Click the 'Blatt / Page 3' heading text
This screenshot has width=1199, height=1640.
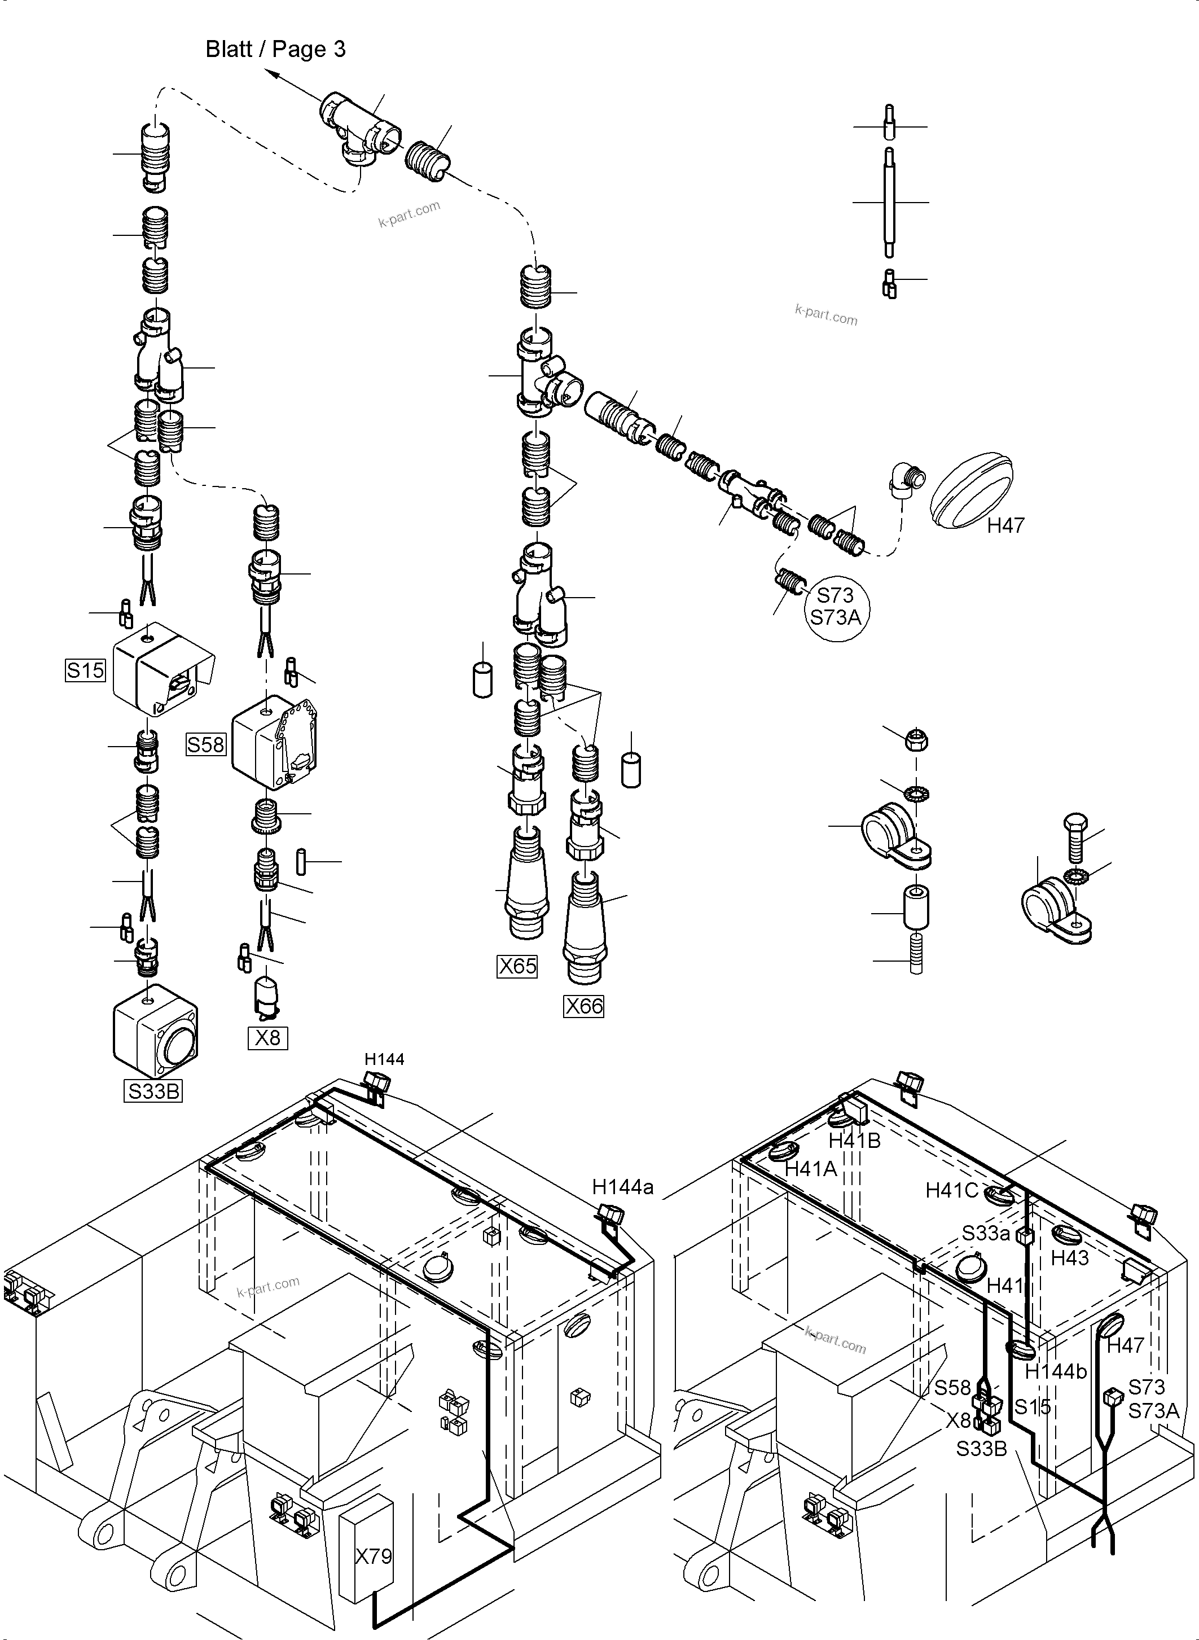275,49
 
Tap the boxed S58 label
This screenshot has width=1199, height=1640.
206,745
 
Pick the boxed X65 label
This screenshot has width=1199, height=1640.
517,966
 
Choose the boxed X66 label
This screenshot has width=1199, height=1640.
583,1006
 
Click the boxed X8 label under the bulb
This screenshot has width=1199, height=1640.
268,1038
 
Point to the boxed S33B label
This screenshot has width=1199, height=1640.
153,1091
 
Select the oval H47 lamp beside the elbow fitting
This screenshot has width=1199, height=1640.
971,491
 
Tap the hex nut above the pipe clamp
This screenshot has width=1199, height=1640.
917,741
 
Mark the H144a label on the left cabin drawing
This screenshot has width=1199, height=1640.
623,1187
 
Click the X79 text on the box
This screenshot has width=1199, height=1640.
373,1556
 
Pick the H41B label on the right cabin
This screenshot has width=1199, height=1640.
854,1141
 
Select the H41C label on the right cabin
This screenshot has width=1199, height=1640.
951,1191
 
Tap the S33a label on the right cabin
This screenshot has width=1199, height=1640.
986,1234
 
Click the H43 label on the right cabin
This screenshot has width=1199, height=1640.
1070,1258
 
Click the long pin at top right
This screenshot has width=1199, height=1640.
890,202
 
